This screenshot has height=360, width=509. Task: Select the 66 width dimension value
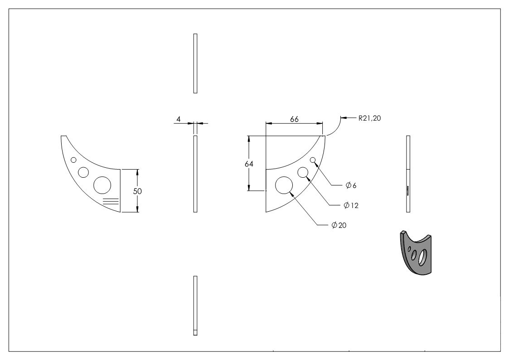point(294,118)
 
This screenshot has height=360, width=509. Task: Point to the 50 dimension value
point(137,191)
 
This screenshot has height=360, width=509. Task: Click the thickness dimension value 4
point(179,119)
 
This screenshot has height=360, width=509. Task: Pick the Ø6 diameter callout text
point(351,185)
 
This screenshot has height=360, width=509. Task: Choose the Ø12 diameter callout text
point(351,205)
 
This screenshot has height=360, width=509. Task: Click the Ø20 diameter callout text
point(339,225)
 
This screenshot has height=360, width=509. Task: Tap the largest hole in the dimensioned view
point(284,185)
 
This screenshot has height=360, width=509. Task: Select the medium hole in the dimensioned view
point(303,172)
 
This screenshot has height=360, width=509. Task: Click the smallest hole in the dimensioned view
point(313,160)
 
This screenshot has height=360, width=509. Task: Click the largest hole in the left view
point(102,185)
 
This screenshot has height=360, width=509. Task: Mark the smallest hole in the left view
point(73,160)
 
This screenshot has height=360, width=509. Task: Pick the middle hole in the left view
point(83,172)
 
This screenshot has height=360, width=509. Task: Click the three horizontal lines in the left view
point(111,202)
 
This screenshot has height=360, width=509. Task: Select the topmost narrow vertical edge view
point(195,63)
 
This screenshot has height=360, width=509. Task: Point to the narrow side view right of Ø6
point(408,174)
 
